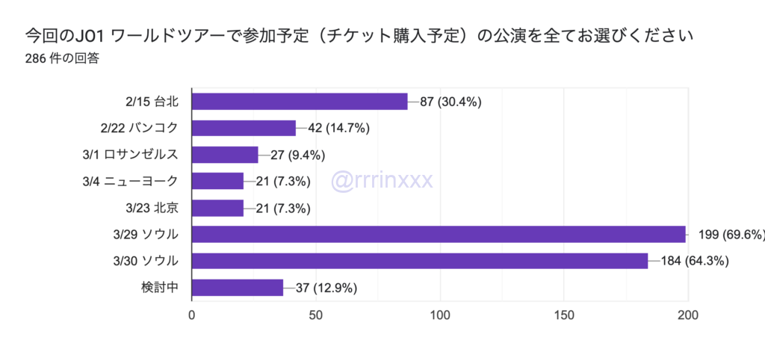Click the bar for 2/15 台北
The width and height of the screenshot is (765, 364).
click(x=300, y=101)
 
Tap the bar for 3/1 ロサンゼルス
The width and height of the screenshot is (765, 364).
click(x=225, y=155)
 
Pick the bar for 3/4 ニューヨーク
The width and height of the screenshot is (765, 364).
click(x=217, y=181)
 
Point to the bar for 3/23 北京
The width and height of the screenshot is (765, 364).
click(x=217, y=208)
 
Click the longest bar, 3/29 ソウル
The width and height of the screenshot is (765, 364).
click(x=439, y=235)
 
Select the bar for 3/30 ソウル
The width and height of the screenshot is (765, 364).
click(x=420, y=261)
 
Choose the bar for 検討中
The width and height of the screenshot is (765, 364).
click(x=238, y=288)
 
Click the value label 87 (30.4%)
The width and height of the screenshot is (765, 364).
click(x=450, y=102)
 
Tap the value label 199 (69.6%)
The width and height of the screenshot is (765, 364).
click(x=731, y=235)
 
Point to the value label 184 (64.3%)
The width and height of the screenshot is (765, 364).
click(x=694, y=262)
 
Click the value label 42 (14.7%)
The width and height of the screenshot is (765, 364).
click(x=339, y=128)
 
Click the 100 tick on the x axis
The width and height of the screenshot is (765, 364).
click(x=440, y=315)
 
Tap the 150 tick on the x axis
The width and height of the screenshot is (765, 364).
click(x=564, y=315)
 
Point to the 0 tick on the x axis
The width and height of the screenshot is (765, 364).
click(x=193, y=315)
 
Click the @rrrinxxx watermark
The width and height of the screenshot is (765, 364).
click(x=380, y=180)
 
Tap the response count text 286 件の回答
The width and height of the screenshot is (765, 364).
click(x=62, y=59)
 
